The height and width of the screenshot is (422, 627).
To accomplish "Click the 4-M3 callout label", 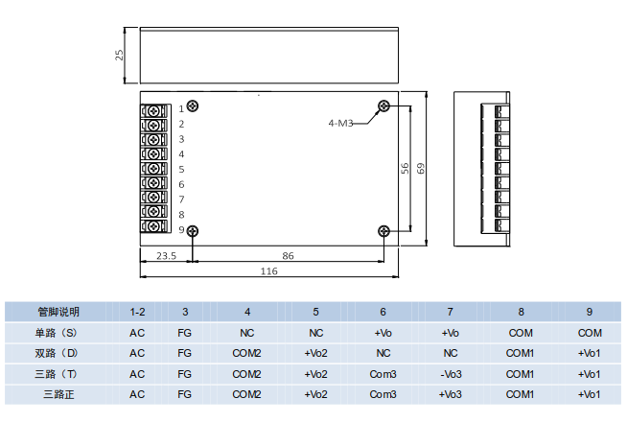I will point(341,123).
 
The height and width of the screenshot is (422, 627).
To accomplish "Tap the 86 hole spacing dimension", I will point(289,256).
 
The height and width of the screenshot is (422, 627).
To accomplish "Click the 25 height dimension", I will point(120,55).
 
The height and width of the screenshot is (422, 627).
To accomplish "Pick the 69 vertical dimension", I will point(420,168).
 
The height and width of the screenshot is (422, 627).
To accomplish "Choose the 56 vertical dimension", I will point(405,168).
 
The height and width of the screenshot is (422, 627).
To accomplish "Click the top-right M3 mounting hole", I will point(384,106).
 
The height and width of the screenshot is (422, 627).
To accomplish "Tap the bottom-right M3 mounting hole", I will point(384,230).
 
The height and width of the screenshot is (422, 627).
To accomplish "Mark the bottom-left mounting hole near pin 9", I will point(193,230).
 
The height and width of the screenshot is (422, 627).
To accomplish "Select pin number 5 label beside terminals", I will point(181,169).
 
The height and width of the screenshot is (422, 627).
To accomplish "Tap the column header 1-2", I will point(137,312).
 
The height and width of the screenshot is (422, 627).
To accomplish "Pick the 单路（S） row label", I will point(55,333).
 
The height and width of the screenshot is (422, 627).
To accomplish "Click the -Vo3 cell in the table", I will point(453,374).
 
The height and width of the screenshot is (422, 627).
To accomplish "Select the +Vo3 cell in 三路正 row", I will point(453,394).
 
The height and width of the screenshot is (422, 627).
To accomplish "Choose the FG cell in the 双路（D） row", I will point(185,353).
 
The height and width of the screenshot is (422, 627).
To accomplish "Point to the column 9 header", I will point(590,312).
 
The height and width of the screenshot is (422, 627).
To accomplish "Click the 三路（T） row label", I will point(55,374).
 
